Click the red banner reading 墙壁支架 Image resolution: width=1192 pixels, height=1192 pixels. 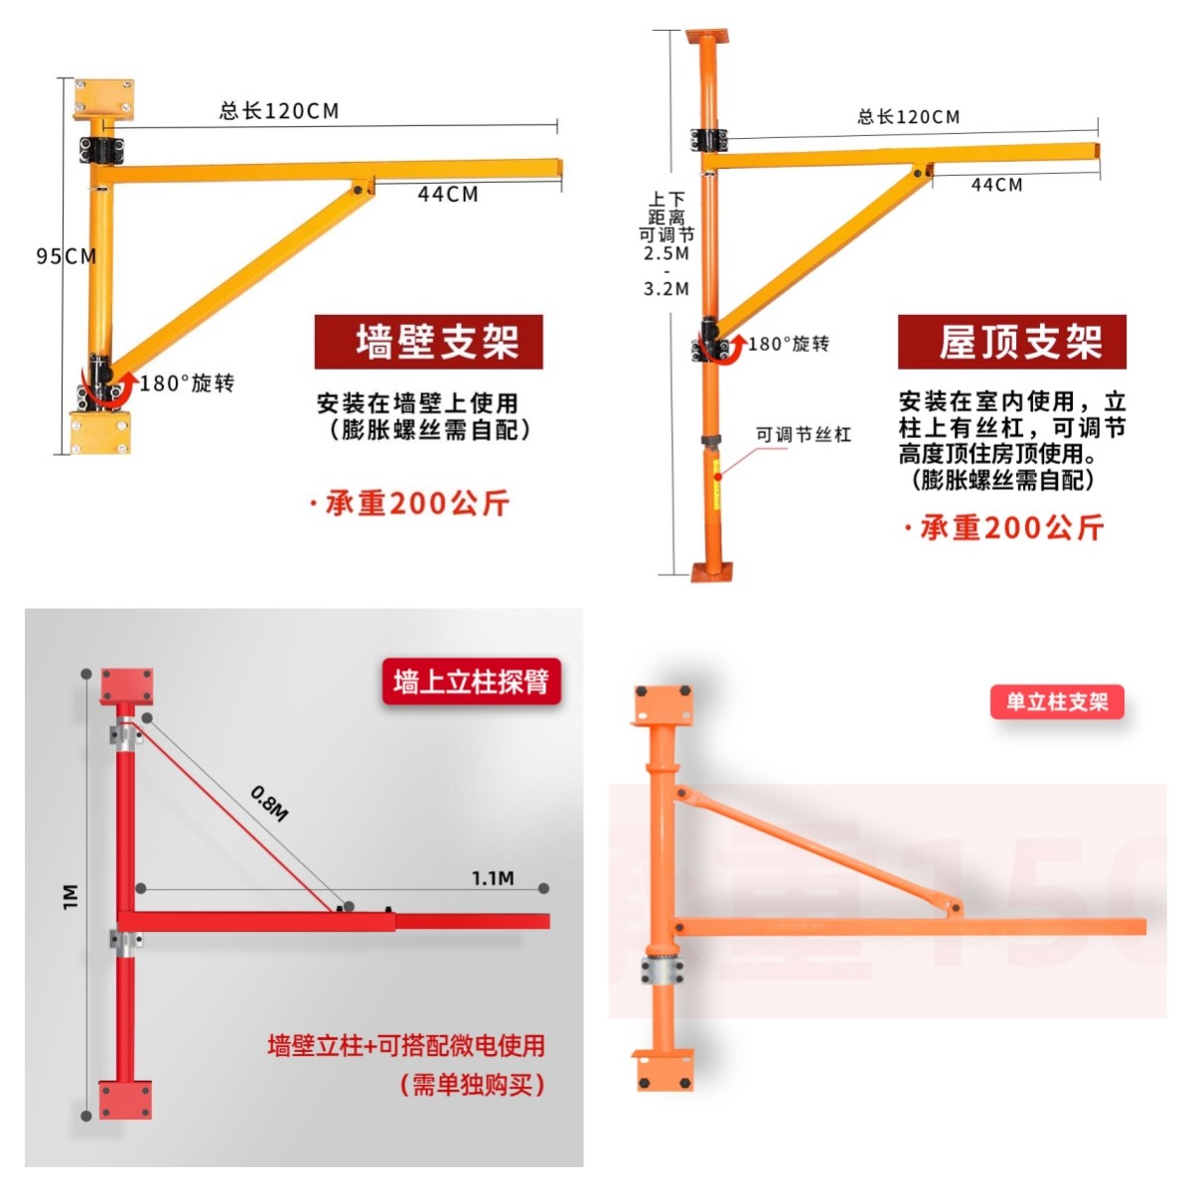pos(429,342)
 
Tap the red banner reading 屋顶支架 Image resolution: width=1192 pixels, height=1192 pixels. pos(1012,342)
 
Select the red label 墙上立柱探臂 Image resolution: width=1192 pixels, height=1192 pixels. pos(471,681)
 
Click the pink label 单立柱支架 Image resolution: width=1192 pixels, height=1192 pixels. pos(1057,702)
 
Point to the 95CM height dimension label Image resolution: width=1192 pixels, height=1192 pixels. pos(67,256)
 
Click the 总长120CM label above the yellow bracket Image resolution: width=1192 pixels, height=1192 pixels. pos(279,110)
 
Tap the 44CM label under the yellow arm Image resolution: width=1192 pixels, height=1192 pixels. pos(448,195)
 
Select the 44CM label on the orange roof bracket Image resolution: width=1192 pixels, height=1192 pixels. pos(996,185)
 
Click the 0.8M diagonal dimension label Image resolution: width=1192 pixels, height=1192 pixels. pos(269,804)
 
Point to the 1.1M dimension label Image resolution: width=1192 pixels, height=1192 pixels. pos(493,878)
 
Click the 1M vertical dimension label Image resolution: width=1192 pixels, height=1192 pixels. pos(71,896)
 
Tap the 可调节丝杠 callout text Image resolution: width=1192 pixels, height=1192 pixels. pos(803,434)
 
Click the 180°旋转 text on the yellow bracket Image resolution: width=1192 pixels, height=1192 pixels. pos(187,383)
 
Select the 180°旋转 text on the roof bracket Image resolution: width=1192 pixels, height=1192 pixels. pos(788,344)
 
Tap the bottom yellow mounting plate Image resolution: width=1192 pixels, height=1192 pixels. pos(100,433)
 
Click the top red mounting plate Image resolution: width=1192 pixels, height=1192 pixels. pos(126,686)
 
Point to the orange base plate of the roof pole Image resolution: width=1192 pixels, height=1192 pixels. pos(712,571)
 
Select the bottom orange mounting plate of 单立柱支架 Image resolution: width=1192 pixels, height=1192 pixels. pos(663,1070)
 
